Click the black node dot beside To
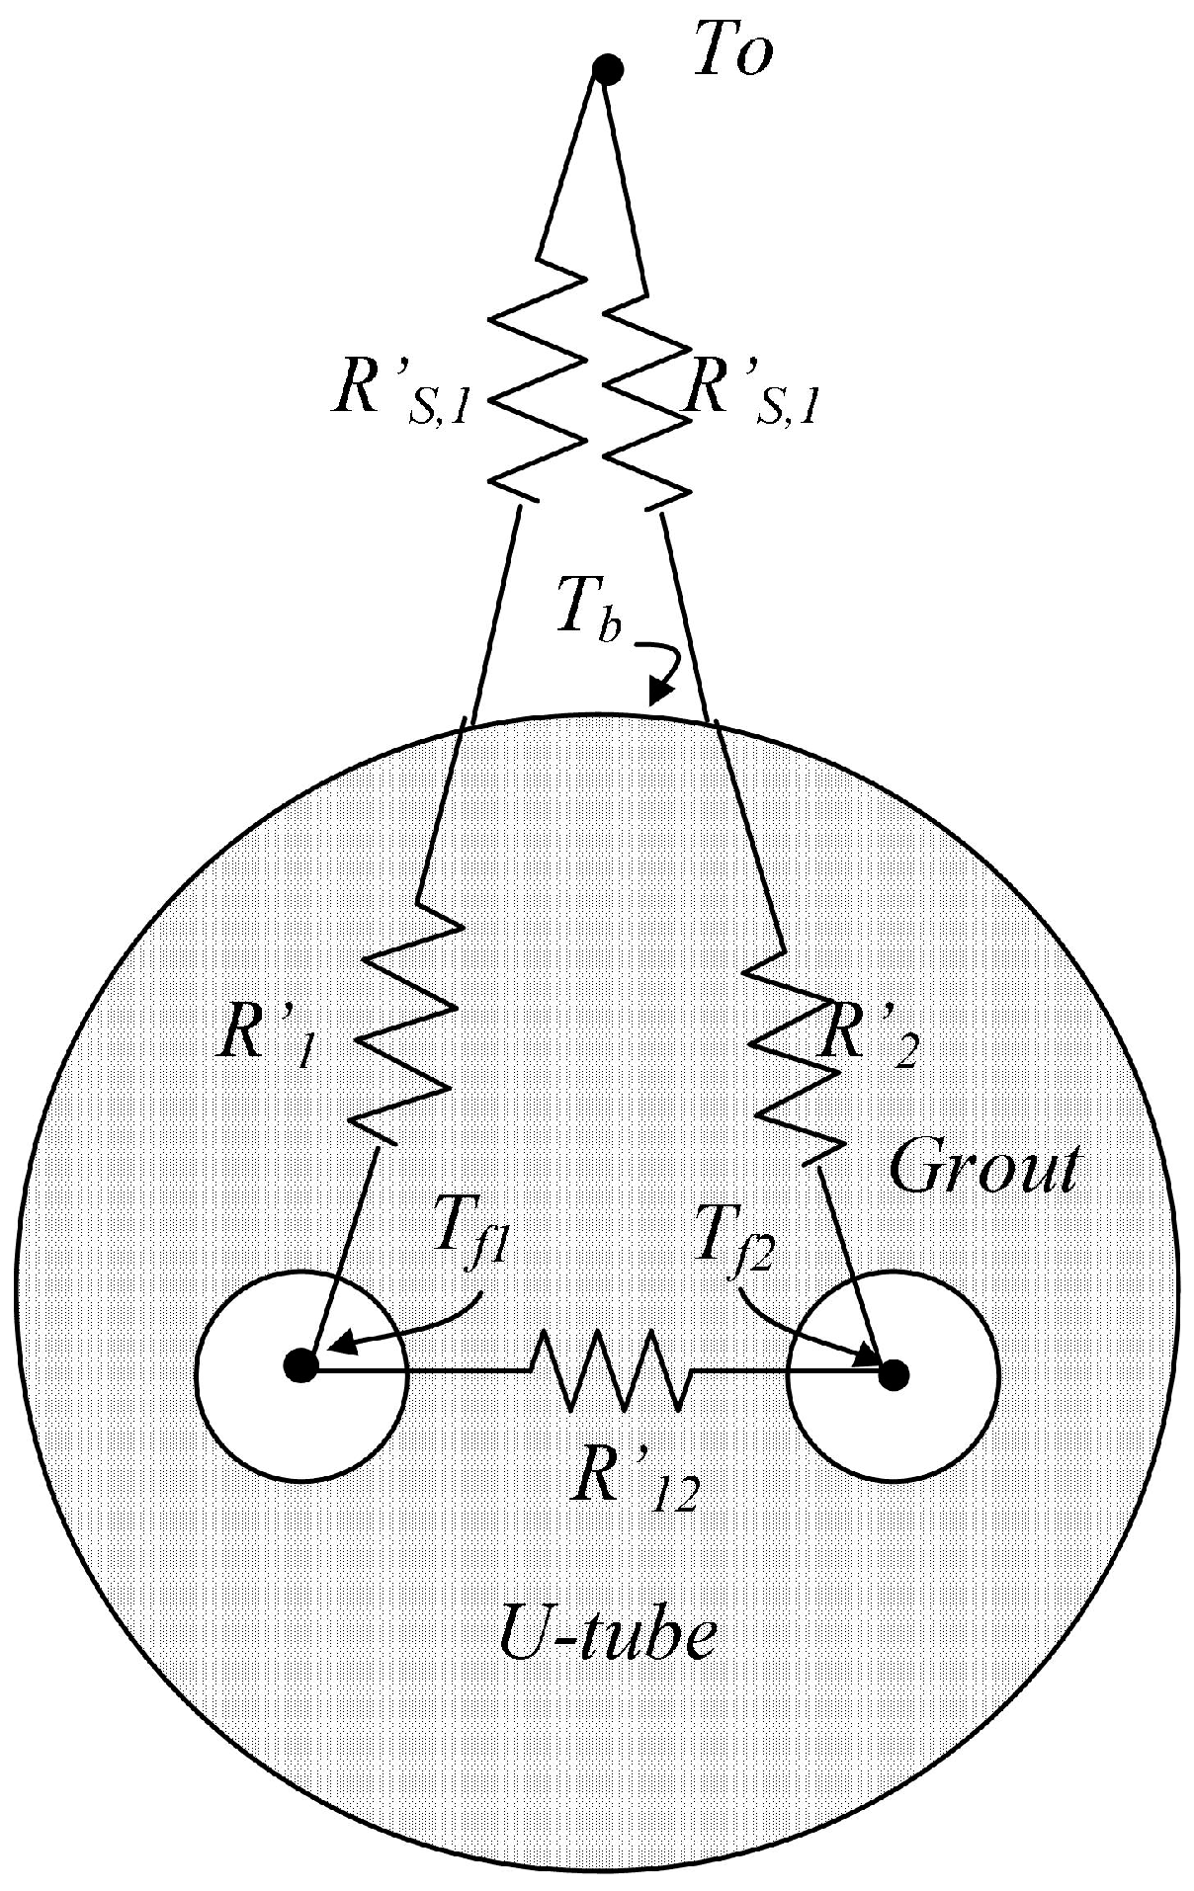pos(606,69)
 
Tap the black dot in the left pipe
pos(299,1367)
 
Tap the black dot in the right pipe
pos(894,1372)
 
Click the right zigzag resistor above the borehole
pos(642,395)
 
